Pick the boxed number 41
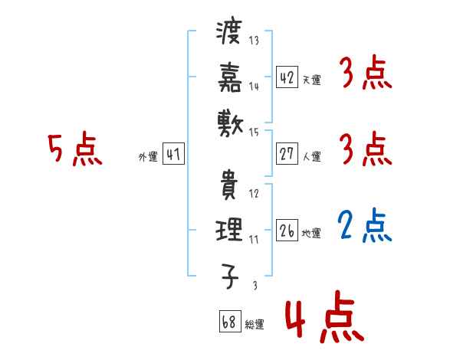pyautogui.click(x=173, y=154)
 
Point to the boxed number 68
pyautogui.click(x=228, y=322)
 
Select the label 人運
pyautogui.click(x=312, y=156)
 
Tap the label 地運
pyautogui.click(x=312, y=233)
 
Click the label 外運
pyautogui.click(x=148, y=156)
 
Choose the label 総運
pyautogui.click(x=255, y=324)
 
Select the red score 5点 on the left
pyautogui.click(x=74, y=150)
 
